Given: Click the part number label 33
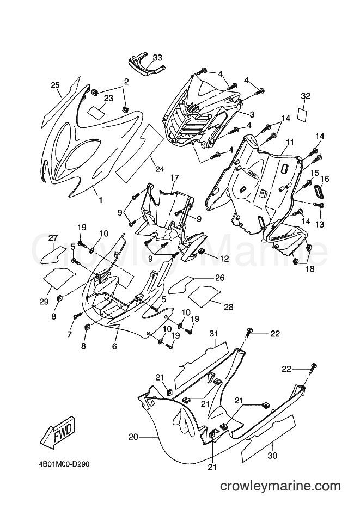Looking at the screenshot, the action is [x=157, y=58].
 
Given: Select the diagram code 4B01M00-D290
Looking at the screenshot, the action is [x=62, y=464].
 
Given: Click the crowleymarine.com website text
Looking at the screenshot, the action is [x=280, y=486].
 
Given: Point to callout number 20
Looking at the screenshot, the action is [x=133, y=437].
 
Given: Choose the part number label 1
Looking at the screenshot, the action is [x=101, y=200].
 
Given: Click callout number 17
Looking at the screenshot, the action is [x=174, y=178].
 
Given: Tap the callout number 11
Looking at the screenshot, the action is [x=290, y=142].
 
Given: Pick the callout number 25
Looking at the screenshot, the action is [x=55, y=85].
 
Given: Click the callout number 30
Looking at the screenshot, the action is [x=273, y=456].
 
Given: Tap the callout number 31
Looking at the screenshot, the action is [x=214, y=333].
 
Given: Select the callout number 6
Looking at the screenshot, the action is [x=114, y=346].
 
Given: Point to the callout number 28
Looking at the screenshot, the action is [x=229, y=307].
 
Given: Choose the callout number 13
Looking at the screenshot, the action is [x=320, y=224].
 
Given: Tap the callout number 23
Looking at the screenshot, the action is [x=108, y=98].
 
